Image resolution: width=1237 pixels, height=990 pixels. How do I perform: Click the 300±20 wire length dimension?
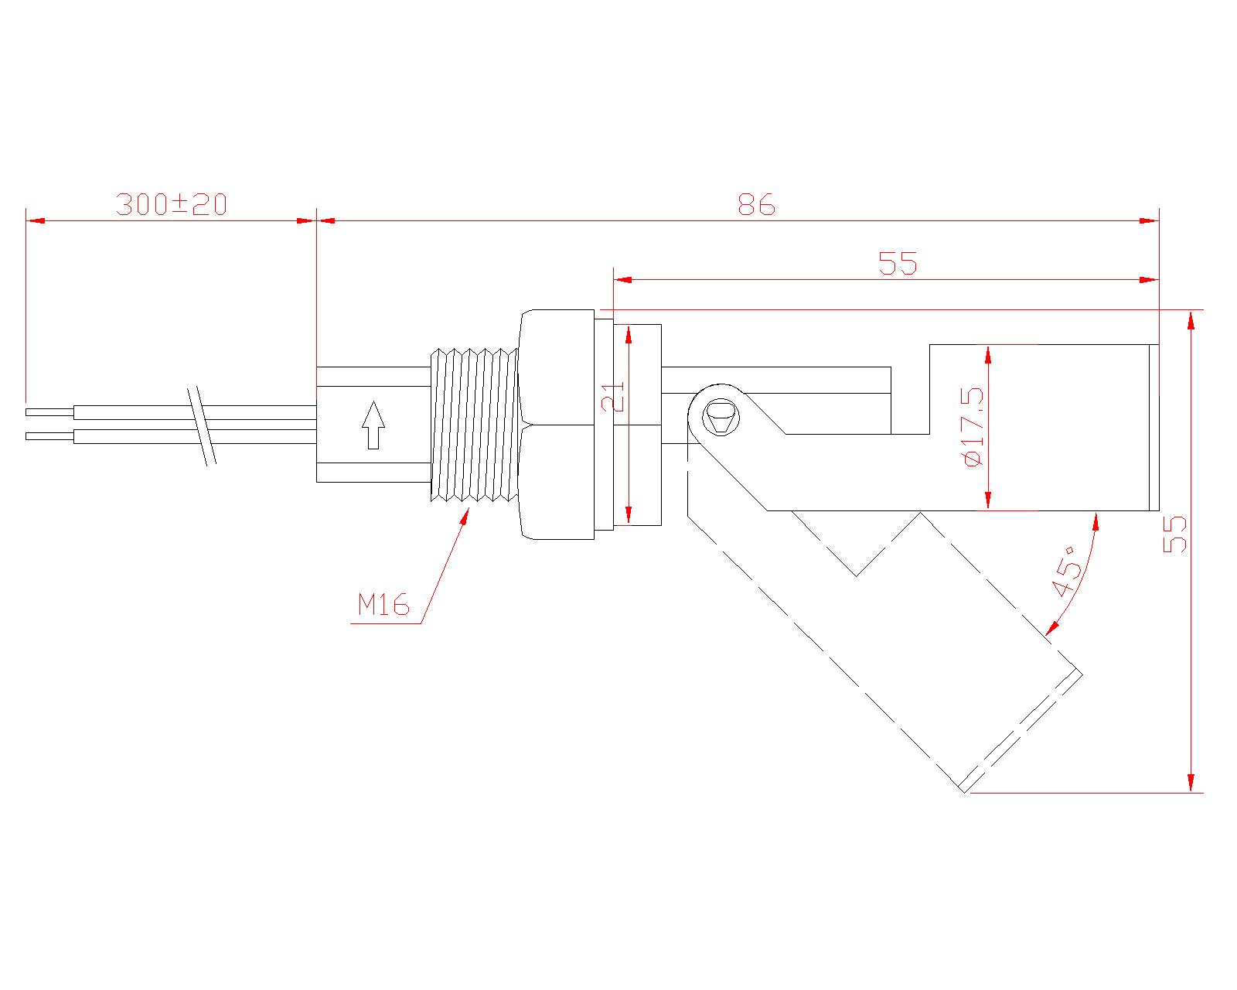click(171, 205)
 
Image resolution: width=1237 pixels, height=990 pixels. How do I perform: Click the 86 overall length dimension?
click(755, 206)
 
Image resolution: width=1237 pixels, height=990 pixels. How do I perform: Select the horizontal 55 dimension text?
click(898, 265)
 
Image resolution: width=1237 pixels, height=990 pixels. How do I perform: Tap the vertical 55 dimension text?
click(1174, 534)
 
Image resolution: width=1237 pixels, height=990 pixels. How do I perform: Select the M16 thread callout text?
click(383, 605)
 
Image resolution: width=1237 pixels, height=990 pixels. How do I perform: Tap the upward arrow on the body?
click(373, 425)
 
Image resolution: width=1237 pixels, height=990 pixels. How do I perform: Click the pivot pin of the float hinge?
click(721, 418)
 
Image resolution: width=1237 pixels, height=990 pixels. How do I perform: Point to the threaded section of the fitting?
click(473, 425)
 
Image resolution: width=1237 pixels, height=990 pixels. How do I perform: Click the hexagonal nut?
click(557, 425)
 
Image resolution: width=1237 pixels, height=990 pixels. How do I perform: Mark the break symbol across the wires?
click(202, 425)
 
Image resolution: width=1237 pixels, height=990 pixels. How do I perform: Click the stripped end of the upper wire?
click(49, 411)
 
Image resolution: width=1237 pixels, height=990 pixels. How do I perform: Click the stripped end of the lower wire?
click(49, 436)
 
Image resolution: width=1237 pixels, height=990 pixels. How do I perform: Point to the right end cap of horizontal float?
click(1154, 428)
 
